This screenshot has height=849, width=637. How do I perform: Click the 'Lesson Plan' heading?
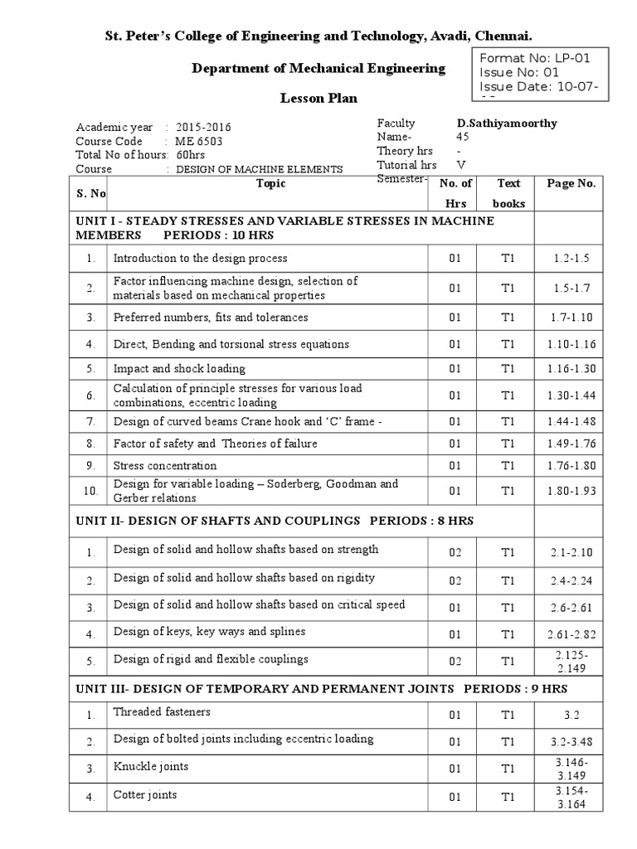point(319,99)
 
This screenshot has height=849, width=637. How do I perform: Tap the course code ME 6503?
point(199,141)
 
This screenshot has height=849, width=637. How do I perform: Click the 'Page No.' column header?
point(570,184)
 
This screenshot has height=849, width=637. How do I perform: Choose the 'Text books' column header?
point(508,193)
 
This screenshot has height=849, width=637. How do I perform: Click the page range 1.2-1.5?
point(570,259)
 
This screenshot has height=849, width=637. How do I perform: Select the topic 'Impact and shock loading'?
point(179,368)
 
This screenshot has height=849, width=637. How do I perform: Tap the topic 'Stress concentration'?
point(165,466)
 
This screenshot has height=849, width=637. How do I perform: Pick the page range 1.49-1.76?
point(570,444)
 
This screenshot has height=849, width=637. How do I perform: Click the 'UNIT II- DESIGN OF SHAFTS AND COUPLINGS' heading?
point(275,520)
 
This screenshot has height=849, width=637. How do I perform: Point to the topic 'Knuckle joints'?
point(151,766)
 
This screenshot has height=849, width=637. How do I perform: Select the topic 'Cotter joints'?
point(145,795)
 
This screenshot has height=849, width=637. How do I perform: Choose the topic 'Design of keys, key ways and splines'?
point(209,632)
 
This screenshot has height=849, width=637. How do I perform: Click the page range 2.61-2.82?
point(570,634)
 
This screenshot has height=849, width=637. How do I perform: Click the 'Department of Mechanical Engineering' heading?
point(319,68)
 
